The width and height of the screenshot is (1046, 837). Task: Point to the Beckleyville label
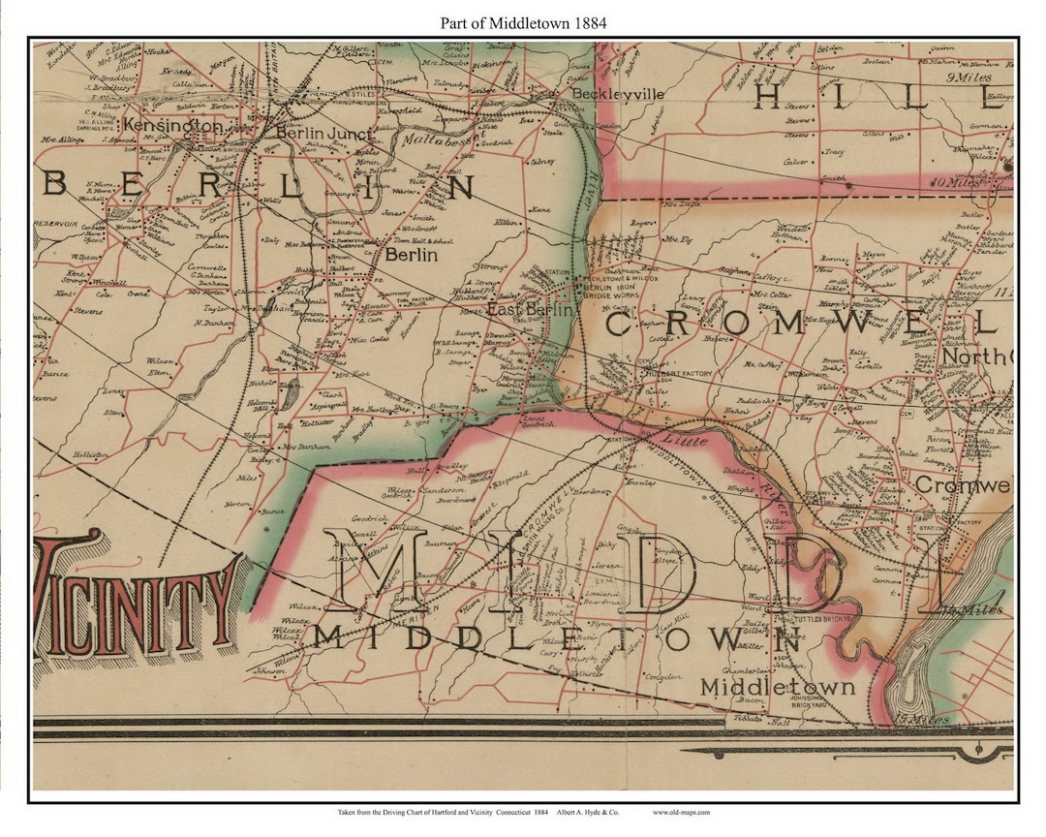pyautogui.click(x=618, y=94)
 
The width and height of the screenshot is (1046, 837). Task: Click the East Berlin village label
pyautogui.click(x=530, y=309)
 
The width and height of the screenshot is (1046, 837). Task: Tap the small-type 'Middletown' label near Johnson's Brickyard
pyautogui.click(x=778, y=687)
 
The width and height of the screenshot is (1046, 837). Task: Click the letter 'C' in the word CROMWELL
pyautogui.click(x=619, y=325)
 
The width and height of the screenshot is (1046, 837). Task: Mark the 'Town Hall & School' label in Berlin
pyautogui.click(x=421, y=240)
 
